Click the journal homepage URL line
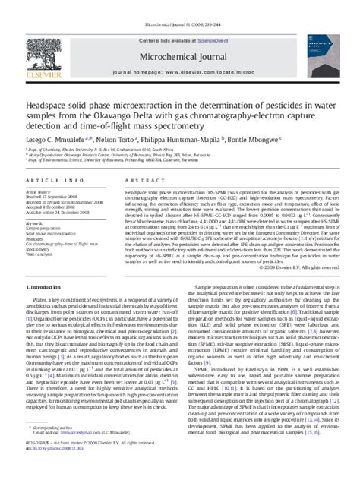pos(179,70)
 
